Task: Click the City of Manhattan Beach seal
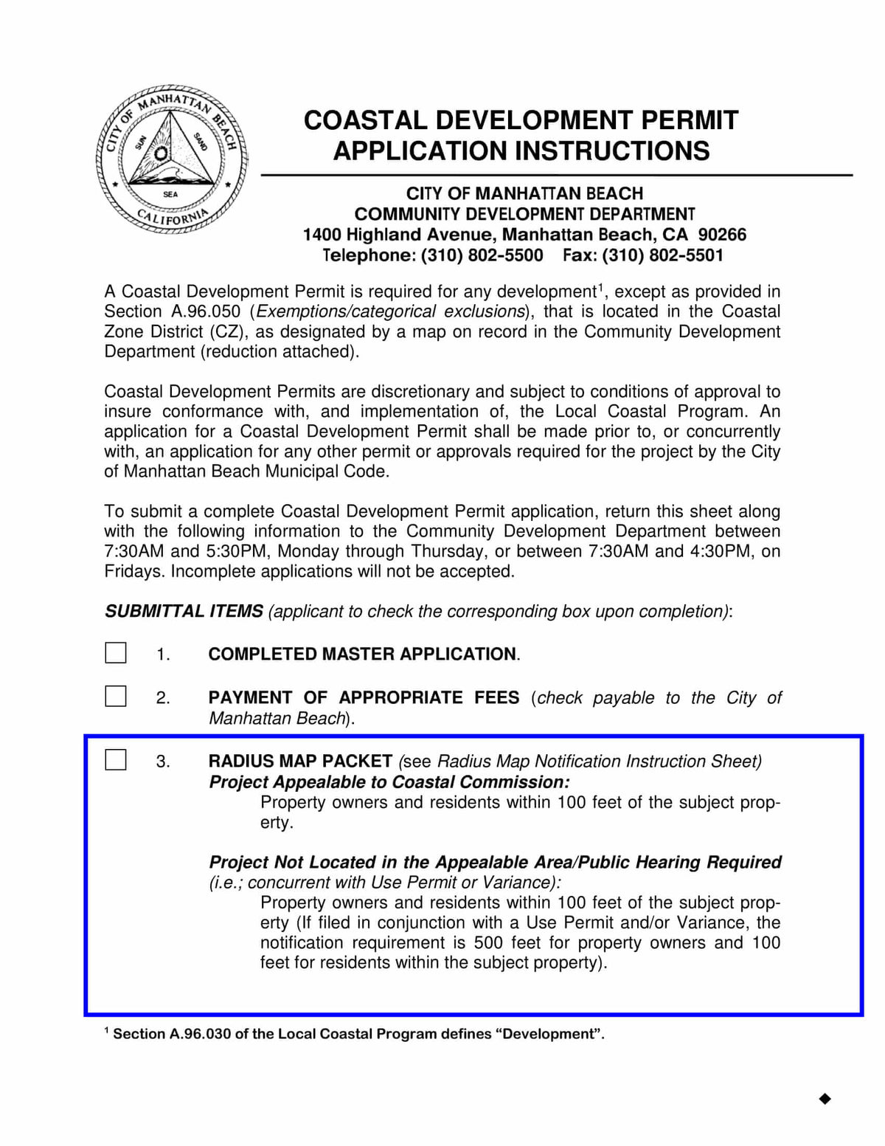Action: pyautogui.click(x=171, y=159)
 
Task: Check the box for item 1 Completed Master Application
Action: pyautogui.click(x=116, y=653)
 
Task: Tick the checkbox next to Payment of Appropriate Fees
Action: pyautogui.click(x=116, y=696)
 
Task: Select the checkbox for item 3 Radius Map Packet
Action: pyautogui.click(x=116, y=759)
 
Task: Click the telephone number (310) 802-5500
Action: pyautogui.click(x=482, y=255)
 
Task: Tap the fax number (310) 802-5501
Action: pyautogui.click(x=662, y=255)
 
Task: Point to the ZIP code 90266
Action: pyautogui.click(x=722, y=235)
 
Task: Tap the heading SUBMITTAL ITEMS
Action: pyautogui.click(x=184, y=611)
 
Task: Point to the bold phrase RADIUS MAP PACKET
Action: pyautogui.click(x=300, y=761)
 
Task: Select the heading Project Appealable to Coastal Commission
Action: pyautogui.click(x=389, y=781)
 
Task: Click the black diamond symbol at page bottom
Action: pyautogui.click(x=825, y=1099)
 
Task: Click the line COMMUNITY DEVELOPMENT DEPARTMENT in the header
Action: pyautogui.click(x=524, y=214)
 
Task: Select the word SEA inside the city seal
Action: pyautogui.click(x=170, y=194)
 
